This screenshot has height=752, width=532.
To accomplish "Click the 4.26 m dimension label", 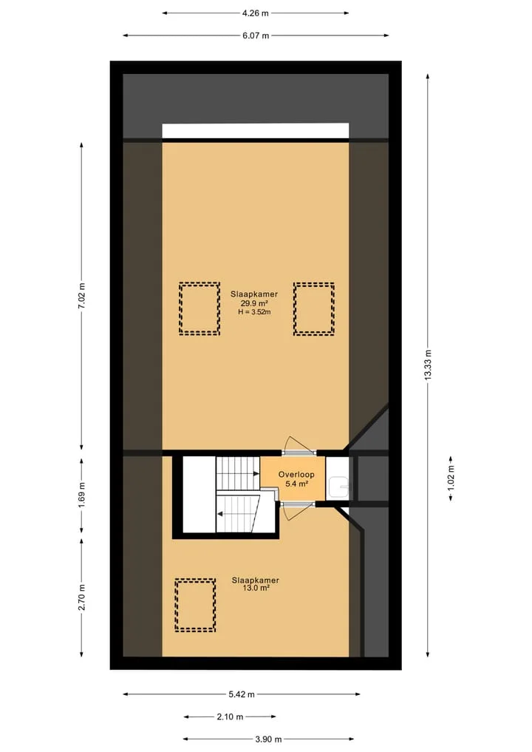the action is pyautogui.click(x=256, y=13).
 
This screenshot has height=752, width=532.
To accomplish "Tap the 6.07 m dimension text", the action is pyautogui.click(x=256, y=35).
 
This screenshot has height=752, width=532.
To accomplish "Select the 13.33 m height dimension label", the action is pyautogui.click(x=428, y=365).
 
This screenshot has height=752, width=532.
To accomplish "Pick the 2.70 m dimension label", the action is pyautogui.click(x=82, y=597).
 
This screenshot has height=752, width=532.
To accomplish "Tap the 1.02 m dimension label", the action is pyautogui.click(x=451, y=478).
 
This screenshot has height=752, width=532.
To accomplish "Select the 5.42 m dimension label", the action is pyautogui.click(x=242, y=694).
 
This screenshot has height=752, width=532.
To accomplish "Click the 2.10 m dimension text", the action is pyautogui.click(x=230, y=717).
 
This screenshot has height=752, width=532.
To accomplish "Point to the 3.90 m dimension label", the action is pyautogui.click(x=268, y=739).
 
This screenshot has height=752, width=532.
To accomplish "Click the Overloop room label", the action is pyautogui.click(x=297, y=474).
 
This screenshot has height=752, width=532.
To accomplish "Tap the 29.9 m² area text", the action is pyautogui.click(x=254, y=304).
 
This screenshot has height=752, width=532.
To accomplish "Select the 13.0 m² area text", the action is pyautogui.click(x=256, y=588).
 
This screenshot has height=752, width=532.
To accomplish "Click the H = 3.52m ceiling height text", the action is pyautogui.click(x=254, y=312).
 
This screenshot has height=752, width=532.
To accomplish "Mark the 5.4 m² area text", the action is pyautogui.click(x=297, y=484).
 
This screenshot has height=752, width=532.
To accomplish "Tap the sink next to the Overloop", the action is pyautogui.click(x=339, y=487).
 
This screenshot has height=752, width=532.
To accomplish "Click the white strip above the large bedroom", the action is pyautogui.click(x=256, y=131).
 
